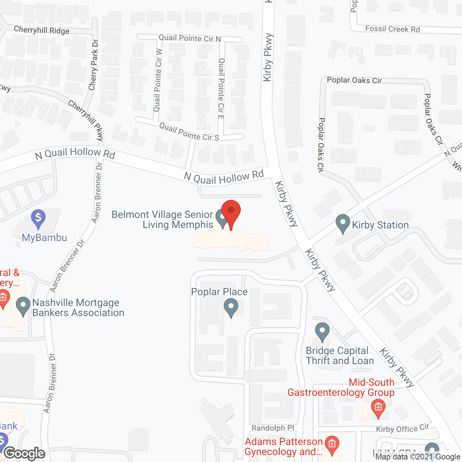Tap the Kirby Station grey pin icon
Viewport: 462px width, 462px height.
click(343, 223)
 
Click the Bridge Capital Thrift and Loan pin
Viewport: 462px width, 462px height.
click(322, 331)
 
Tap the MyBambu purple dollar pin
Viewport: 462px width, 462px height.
click(38, 218)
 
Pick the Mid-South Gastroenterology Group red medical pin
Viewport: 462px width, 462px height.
click(378, 408)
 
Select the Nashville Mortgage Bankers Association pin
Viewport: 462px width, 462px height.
click(23, 306)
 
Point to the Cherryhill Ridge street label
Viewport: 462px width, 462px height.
click(42, 30)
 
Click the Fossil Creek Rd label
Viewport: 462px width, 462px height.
click(392, 29)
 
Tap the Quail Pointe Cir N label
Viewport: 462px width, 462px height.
click(189, 38)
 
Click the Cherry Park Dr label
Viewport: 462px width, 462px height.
click(93, 65)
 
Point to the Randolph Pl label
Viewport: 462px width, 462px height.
click(273, 428)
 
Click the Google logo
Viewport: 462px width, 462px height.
click(25, 453)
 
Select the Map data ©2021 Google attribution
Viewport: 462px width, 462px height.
click(418, 457)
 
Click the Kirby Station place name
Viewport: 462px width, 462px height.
click(380, 225)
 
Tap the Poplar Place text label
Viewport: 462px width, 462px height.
click(219, 292)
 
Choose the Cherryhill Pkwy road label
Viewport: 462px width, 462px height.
click(86, 120)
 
